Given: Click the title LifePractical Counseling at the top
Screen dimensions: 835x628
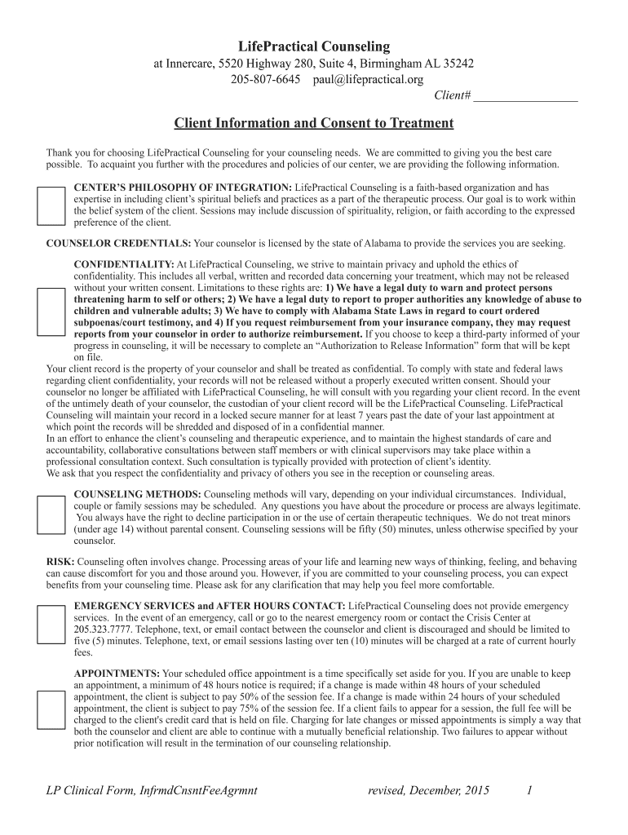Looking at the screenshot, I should [x=314, y=46].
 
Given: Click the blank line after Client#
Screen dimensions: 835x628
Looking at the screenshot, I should [x=525, y=96].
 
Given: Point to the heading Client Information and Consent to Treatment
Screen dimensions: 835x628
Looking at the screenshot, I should [x=314, y=123].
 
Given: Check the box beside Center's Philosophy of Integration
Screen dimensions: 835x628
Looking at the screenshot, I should [x=51, y=205].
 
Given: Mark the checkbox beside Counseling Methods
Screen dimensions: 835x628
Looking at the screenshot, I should [x=51, y=515].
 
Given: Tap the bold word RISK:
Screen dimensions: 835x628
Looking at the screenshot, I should [x=60, y=562].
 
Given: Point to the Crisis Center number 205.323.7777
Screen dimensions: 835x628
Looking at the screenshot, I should [x=103, y=630].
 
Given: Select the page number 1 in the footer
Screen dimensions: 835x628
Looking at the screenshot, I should [x=530, y=789].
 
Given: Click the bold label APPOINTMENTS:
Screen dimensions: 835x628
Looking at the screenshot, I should [x=117, y=674].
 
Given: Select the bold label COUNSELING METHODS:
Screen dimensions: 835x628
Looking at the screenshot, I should [x=137, y=494].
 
